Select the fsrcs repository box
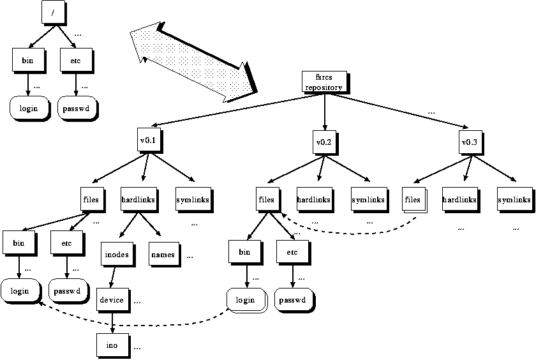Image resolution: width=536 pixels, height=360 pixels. pyautogui.click(x=324, y=82)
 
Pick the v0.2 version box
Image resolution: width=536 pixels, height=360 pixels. pyautogui.click(x=324, y=142)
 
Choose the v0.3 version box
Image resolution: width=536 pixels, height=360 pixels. pyautogui.click(x=469, y=142)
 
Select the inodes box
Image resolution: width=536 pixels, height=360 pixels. pyautogui.click(x=116, y=255)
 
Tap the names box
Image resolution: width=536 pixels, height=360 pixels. pyautogui.click(x=163, y=255)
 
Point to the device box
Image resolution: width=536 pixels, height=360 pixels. pyautogui.click(x=112, y=299)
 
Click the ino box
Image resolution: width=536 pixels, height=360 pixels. pyautogui.click(x=112, y=344)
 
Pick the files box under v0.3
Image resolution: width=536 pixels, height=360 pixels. pyautogui.click(x=412, y=200)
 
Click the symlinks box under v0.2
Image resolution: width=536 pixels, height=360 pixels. pyautogui.click(x=368, y=200)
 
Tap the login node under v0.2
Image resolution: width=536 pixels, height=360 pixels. pyautogui.click(x=245, y=300)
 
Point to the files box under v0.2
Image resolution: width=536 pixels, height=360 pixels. pyautogui.click(x=267, y=200)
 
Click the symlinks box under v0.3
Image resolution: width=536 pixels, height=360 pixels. pyautogui.click(x=514, y=200)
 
